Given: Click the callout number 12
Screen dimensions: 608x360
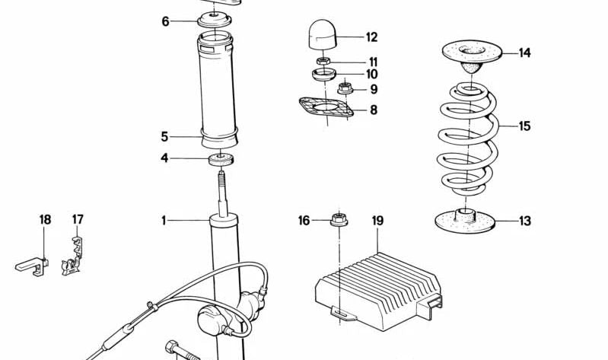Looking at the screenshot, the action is pos(371,37).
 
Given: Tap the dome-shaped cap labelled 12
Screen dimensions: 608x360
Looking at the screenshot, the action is pos(323,36).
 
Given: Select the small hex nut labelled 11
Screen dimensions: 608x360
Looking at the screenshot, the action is pos(323,61).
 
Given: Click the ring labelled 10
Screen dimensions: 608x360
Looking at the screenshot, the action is pos(323,74).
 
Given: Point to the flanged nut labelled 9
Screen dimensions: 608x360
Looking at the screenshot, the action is pos(345,89).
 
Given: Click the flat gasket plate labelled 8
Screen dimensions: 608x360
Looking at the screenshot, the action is pos(326,107).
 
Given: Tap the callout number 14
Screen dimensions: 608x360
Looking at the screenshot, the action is pos(524,53).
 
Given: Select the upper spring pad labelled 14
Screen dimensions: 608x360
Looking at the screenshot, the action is pos(472,56).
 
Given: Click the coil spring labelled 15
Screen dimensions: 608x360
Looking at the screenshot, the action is pos(468,139).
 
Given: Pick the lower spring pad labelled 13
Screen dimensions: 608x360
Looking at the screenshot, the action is pos(465,221).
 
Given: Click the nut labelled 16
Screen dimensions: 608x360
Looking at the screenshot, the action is pos(339,220).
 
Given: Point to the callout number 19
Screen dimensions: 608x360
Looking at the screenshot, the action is pos(377,221).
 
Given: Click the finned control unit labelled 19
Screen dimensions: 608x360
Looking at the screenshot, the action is pos(378,291).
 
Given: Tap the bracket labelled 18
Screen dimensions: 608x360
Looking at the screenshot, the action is pos(33,266).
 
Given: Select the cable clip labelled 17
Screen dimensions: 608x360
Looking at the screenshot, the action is pos(72,256).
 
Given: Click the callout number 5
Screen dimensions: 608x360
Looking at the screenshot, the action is pos(165,137).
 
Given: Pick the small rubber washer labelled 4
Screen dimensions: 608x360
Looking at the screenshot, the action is pos(221,159).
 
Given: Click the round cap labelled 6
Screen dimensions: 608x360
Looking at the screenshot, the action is pos(214,21).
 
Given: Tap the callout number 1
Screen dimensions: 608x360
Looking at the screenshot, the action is pos(164,221).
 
